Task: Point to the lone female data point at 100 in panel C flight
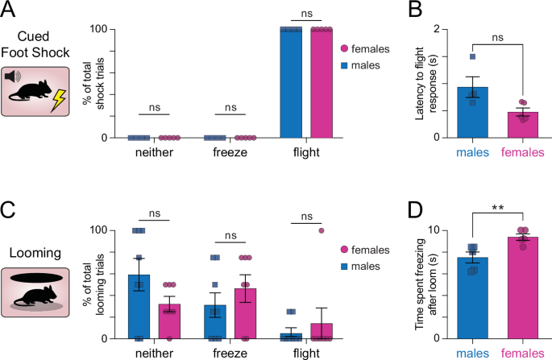[x=322, y=230]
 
